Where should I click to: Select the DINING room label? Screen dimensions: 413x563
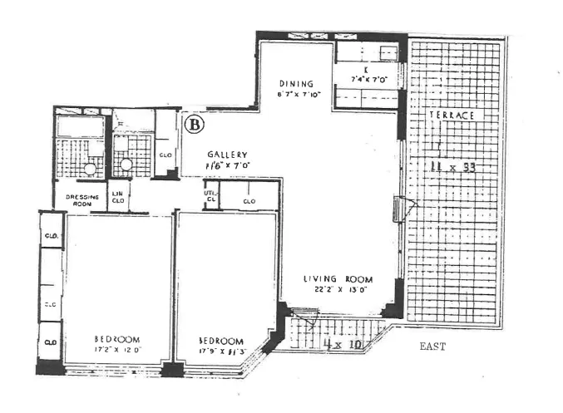click(296, 84)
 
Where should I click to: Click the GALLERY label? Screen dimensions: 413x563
click(228, 155)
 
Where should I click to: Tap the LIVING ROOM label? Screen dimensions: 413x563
click(337, 279)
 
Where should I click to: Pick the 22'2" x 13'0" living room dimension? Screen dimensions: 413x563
click(337, 290)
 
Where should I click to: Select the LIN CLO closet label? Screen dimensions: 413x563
click(118, 199)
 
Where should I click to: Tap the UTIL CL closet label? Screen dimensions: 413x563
click(210, 196)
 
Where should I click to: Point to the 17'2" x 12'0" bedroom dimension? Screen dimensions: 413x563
click(116, 350)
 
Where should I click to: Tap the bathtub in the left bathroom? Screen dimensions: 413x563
click(80, 128)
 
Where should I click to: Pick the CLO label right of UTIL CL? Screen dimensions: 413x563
click(249, 200)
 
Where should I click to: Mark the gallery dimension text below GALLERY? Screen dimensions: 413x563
click(228, 167)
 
